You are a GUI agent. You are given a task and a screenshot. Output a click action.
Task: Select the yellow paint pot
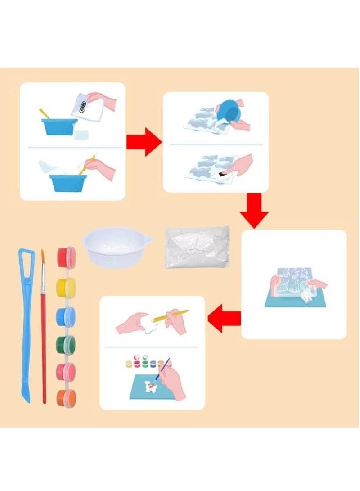(x=66, y=287)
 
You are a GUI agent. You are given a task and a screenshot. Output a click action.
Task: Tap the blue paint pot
(x=66, y=316)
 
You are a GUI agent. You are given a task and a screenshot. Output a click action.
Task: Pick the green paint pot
(x=66, y=345)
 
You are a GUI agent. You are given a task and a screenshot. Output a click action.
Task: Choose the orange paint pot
(x=66, y=398)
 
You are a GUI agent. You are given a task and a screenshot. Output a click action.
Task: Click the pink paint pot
(x=66, y=372)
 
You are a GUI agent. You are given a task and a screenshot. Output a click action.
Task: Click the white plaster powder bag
(x=197, y=247)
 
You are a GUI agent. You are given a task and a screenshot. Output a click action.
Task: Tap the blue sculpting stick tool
(x=26, y=324)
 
